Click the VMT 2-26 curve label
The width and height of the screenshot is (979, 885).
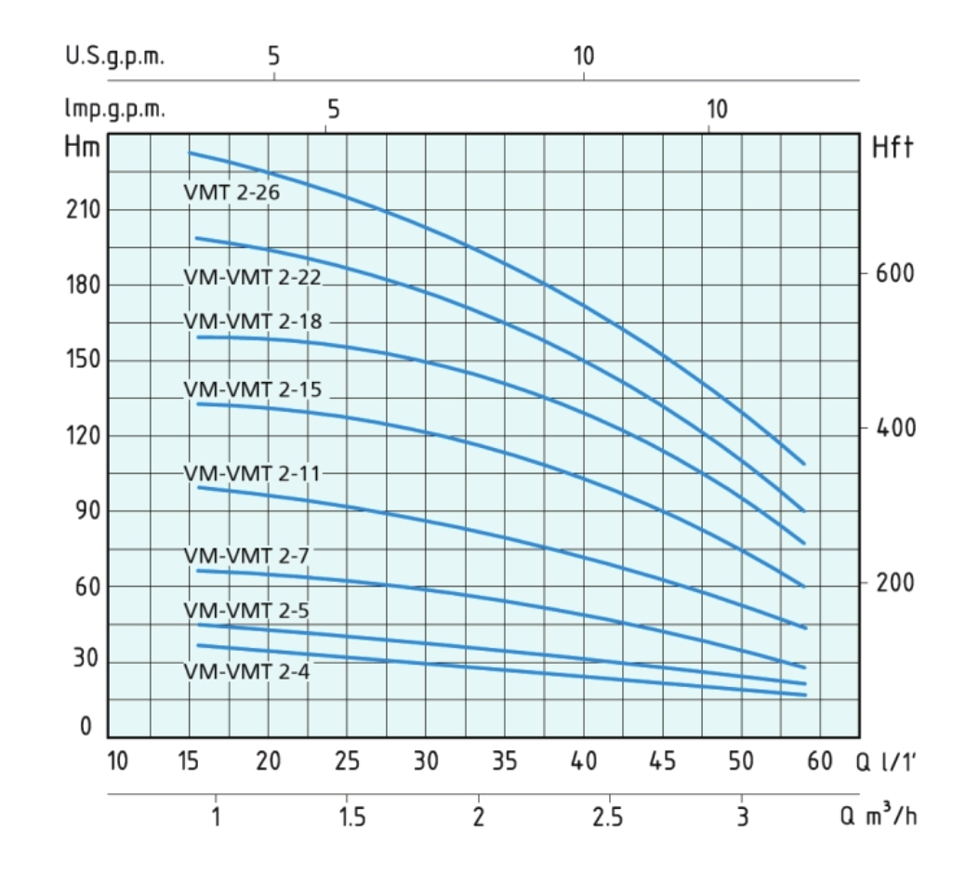232,194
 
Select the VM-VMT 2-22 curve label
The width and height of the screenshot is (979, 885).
252,276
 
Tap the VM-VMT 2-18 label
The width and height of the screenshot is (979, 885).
252,321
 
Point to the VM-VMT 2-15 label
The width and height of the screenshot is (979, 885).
252,390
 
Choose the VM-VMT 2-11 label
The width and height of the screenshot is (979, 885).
252,473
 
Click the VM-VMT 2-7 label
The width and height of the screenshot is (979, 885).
246,556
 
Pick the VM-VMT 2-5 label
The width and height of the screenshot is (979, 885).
246,612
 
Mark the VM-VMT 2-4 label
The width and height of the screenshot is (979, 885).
246,671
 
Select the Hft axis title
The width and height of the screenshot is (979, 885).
893,147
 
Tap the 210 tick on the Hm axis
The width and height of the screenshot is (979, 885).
85,210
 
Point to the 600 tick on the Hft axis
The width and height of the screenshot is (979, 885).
895,274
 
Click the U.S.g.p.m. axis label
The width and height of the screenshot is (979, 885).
114,55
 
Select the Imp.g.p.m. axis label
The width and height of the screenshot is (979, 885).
114,110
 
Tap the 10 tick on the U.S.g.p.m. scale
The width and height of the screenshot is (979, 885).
583,55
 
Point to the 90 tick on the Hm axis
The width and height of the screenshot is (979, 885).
85,511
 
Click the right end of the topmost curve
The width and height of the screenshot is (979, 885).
803,463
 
